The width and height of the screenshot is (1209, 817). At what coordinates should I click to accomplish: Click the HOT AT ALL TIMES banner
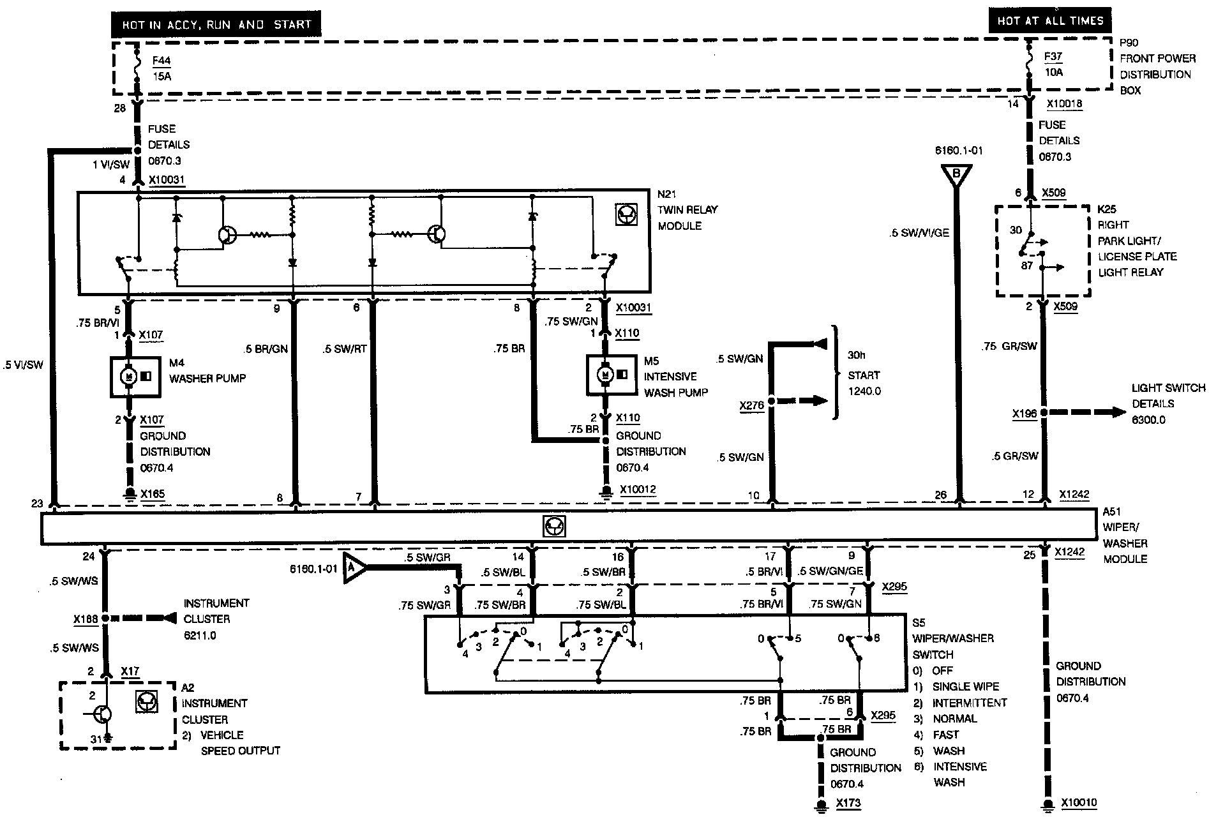pyautogui.click(x=1050, y=20)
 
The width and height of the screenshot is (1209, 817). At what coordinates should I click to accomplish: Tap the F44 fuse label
pyautogui.click(x=161, y=61)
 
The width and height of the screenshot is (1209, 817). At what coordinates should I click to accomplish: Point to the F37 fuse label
pyautogui.click(x=1053, y=57)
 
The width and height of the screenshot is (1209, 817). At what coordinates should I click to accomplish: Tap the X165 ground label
pyautogui.click(x=152, y=494)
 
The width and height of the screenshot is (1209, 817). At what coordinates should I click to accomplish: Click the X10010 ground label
pyautogui.click(x=1079, y=803)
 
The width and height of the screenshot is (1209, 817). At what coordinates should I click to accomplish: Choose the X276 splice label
pyautogui.click(x=751, y=405)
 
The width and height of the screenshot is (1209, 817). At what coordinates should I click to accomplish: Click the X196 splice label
pyautogui.click(x=1024, y=414)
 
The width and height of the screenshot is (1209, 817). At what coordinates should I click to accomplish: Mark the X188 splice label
pyautogui.click(x=86, y=619)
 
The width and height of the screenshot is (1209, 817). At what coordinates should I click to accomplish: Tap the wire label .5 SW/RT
pyautogui.click(x=345, y=349)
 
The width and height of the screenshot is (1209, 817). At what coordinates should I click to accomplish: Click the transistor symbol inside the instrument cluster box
pyautogui.click(x=103, y=714)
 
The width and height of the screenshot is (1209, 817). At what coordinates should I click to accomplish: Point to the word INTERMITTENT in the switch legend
pyautogui.click(x=969, y=703)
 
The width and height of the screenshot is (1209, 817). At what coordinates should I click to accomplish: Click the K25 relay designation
pyautogui.click(x=1106, y=209)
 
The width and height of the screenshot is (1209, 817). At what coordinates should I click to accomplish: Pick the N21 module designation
pyautogui.click(x=667, y=194)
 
